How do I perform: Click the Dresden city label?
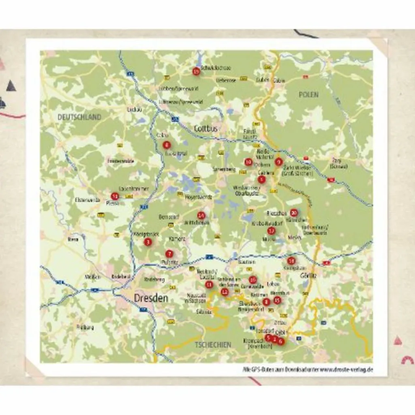151,298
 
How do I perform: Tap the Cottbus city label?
206,128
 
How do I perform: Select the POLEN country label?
308,94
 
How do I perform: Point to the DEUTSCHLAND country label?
79,117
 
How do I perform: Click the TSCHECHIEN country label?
213,345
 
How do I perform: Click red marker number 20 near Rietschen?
294,212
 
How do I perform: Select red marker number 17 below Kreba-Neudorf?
271,231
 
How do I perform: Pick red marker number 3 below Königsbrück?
148,242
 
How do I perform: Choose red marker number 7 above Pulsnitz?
169,254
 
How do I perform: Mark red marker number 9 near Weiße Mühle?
278,162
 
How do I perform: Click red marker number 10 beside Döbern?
248,162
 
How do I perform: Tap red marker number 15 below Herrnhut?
277,300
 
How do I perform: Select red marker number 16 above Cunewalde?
253,279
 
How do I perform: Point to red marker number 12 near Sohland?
225,292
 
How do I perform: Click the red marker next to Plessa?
115,196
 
